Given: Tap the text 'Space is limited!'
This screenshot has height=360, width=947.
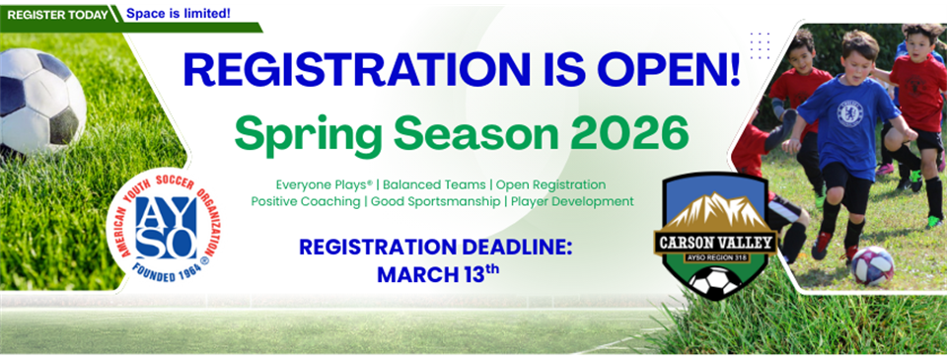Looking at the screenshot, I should (179, 14).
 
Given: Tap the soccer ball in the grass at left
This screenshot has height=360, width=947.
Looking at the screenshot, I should (41, 101).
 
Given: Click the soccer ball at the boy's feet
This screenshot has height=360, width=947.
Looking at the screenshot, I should (871, 264).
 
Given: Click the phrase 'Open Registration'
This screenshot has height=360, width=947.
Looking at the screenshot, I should (550, 184).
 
